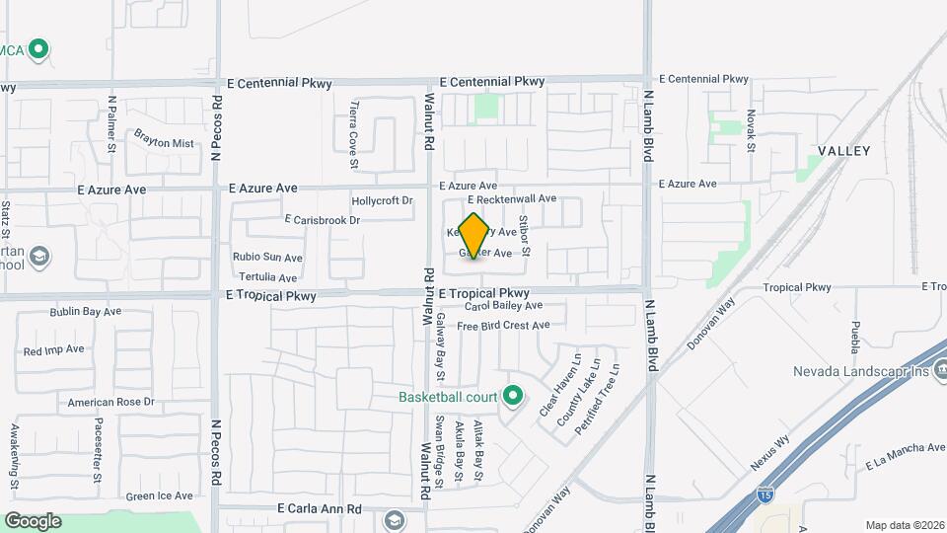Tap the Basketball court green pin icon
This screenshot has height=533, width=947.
[512, 397]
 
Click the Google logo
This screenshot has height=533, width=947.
[33, 521]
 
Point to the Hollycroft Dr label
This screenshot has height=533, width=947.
[382, 200]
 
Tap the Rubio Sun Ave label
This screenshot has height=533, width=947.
[267, 258]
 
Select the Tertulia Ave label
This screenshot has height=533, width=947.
[267, 278]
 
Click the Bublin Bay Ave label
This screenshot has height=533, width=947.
[86, 312]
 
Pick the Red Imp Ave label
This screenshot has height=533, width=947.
[54, 349]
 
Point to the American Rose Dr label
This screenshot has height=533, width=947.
[111, 402]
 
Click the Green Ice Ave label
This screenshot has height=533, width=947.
[160, 495]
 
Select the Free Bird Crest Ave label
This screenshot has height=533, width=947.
[502, 325]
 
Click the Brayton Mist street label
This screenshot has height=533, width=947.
[164, 143]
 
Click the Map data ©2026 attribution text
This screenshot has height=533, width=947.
[904, 525]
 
